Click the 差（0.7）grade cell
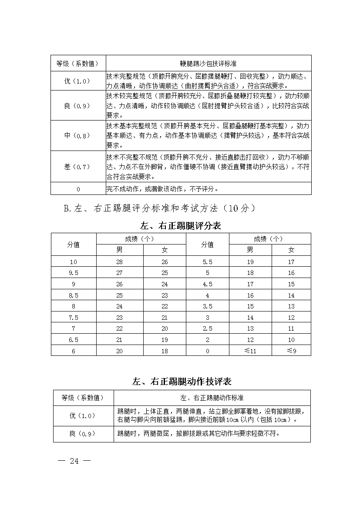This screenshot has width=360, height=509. [x=78, y=167]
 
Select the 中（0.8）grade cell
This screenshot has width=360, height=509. [x=78, y=135]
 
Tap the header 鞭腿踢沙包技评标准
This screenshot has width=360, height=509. [x=209, y=63]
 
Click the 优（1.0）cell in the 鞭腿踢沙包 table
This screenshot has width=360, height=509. [x=78, y=81]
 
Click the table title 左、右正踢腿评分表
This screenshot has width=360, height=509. [x=181, y=226]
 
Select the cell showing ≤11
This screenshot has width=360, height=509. [x=250, y=351]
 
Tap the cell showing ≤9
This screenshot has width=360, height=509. [x=291, y=351]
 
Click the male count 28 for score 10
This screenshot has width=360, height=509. [x=120, y=262]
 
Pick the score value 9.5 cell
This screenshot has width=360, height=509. [x=74, y=273]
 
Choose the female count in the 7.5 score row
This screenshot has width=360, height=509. [x=165, y=318]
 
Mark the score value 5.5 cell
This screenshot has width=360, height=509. [x=208, y=262]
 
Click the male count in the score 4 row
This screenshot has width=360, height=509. [x=250, y=295]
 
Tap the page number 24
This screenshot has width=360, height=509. [x=74, y=461]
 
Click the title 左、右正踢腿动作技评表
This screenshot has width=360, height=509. [x=182, y=382]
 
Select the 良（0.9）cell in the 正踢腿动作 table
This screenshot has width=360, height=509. [x=83, y=433]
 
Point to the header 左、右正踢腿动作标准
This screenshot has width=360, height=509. [x=212, y=398]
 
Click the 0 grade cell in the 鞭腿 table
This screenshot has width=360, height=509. [x=78, y=189]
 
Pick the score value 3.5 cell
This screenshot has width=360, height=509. [x=208, y=306]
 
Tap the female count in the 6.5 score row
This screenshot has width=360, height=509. [x=165, y=340]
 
